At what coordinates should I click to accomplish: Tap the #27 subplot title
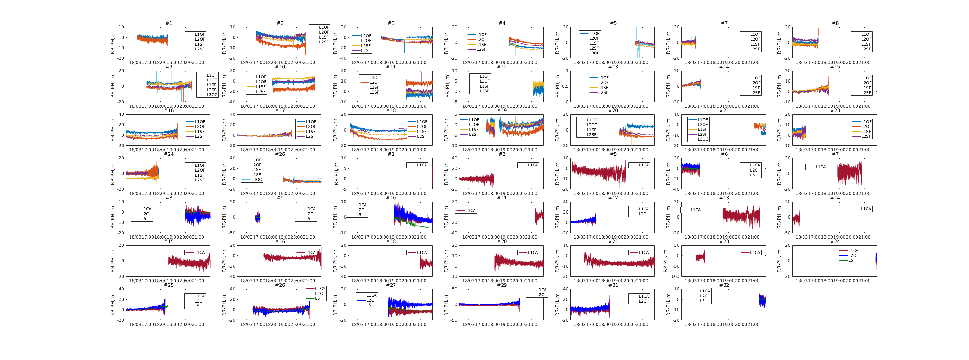(391, 285)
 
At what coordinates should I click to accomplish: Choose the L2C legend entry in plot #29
(540, 295)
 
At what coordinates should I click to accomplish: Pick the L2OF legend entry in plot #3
(366, 41)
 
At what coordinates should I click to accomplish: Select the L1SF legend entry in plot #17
(311, 132)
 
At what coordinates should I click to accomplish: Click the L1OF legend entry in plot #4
(481, 35)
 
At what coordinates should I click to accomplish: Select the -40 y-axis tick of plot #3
(343, 58)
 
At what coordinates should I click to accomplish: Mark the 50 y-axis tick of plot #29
(454, 289)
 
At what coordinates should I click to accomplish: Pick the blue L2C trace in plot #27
(410, 303)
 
